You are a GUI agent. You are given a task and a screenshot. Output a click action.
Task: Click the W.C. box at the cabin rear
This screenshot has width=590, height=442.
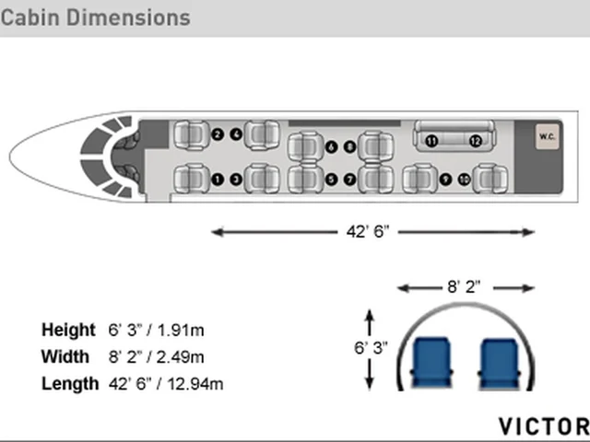tap(547, 136)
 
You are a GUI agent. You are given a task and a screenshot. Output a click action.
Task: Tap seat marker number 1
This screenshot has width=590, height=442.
tap(218, 180)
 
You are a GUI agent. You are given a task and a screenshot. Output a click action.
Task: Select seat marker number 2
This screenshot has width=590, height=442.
tap(218, 134)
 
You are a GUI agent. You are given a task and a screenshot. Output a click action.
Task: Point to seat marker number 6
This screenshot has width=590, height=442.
tap(331, 146)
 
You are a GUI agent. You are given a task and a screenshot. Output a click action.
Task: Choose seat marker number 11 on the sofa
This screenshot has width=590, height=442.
tap(431, 141)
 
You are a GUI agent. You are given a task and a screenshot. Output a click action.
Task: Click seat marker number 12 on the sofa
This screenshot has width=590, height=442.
tap(476, 141)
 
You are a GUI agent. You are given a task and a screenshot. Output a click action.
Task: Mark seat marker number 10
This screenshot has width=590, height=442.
tap(465, 180)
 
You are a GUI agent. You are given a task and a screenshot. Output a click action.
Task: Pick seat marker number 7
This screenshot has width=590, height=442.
tap(350, 180)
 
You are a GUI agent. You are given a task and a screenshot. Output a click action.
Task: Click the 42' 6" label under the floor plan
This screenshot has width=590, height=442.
tap(368, 232)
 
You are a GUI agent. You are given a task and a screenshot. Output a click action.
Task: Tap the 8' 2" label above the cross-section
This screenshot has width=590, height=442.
tap(464, 287)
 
